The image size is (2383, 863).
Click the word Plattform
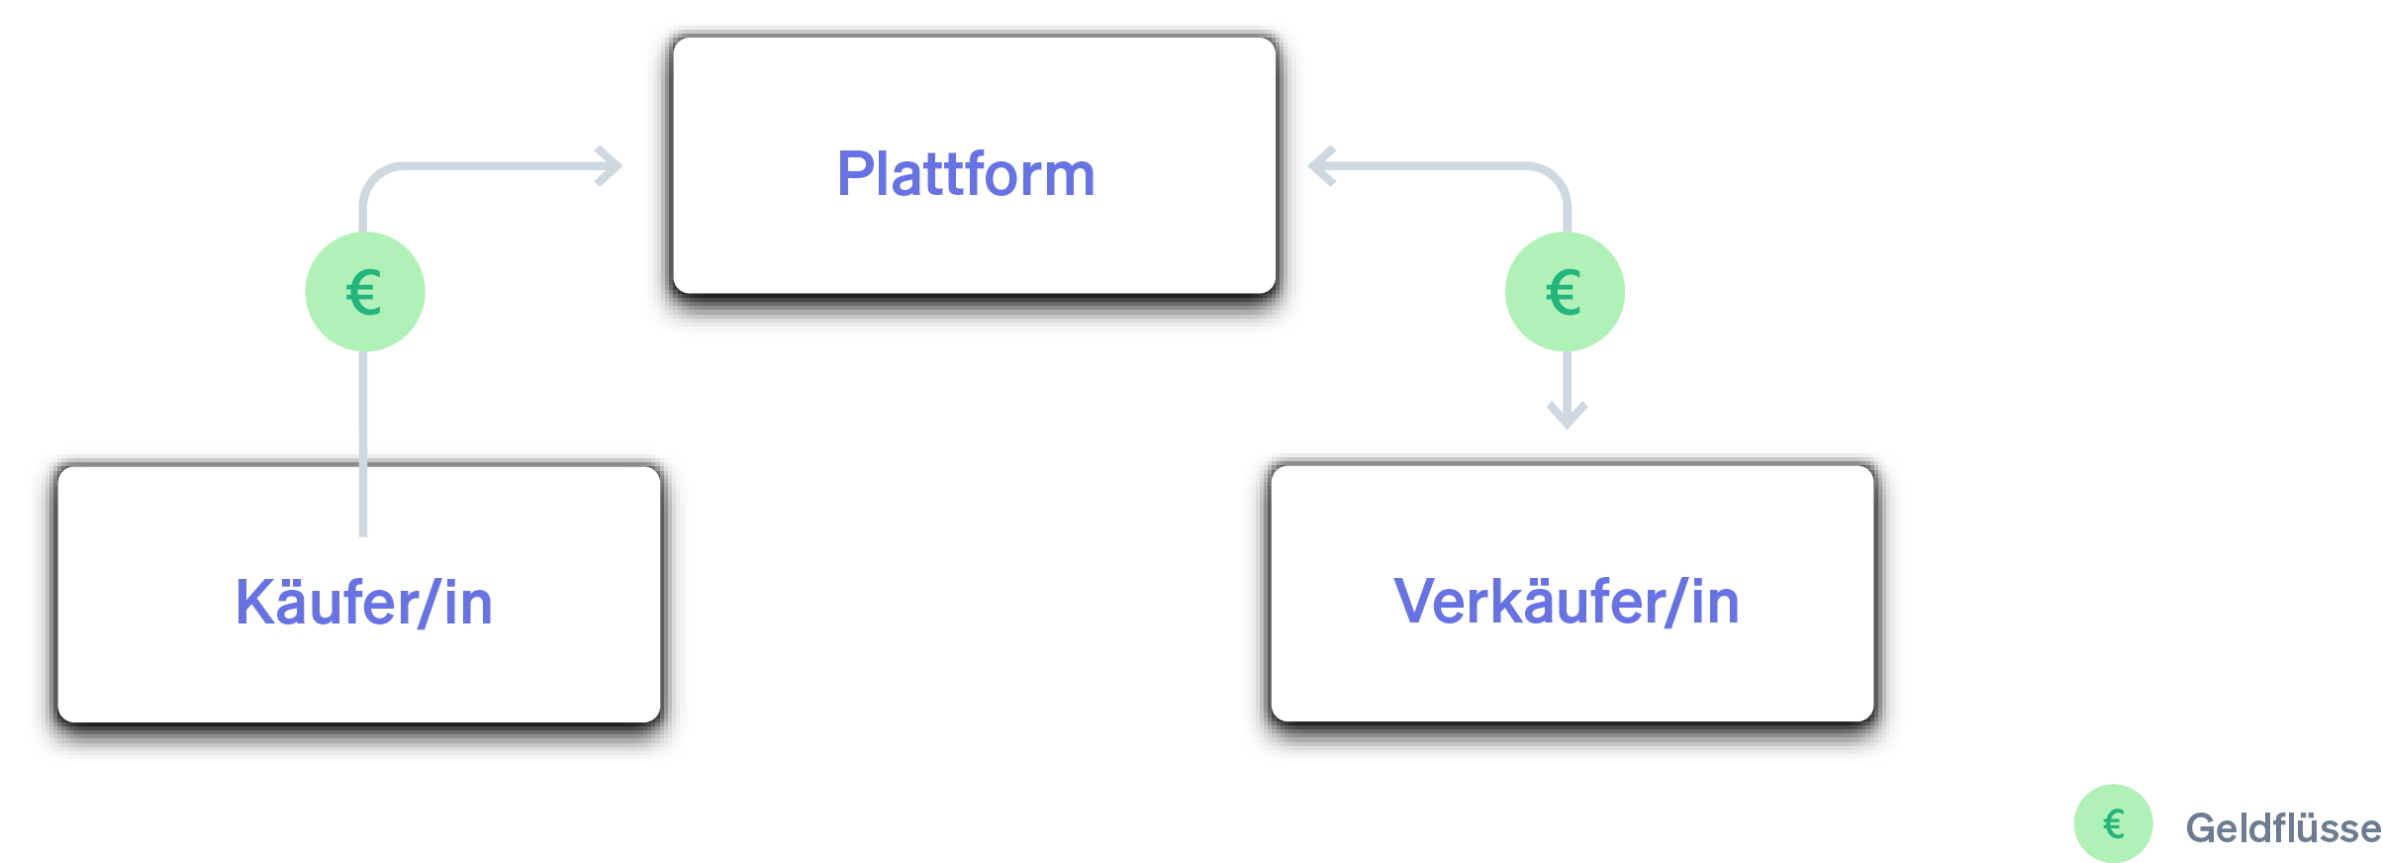[966, 175]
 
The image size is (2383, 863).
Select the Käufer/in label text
[363, 603]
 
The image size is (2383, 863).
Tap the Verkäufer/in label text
[1566, 602]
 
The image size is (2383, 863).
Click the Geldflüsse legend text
[2282, 828]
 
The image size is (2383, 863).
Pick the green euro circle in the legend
[2113, 823]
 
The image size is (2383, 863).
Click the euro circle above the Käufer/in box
[364, 292]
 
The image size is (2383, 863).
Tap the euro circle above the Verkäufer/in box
[1565, 292]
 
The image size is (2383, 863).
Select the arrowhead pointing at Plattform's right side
[1320, 166]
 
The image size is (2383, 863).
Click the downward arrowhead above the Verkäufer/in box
[1567, 416]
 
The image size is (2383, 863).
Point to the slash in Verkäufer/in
[1674, 602]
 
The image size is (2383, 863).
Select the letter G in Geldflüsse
[2202, 828]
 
